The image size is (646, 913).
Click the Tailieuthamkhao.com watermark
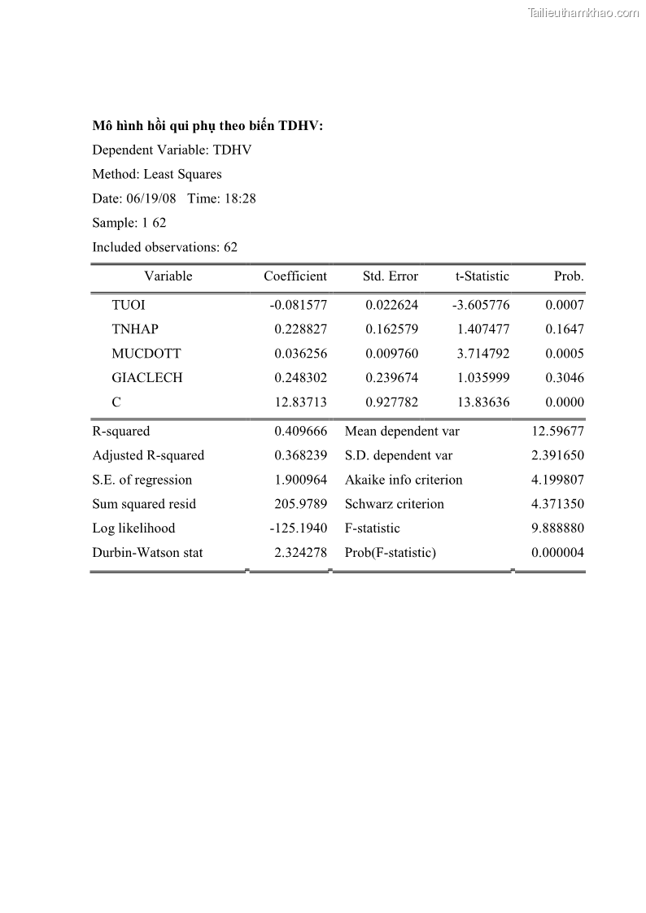pos(583,13)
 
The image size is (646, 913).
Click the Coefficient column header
pos(295,276)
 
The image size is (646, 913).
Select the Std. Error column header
pos(391,276)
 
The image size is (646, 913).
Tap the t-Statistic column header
pos(482,276)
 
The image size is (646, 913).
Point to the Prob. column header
pos(569,276)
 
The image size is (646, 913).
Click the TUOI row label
pos(129,306)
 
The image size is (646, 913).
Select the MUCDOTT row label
pos(146,354)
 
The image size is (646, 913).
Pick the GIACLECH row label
pos(147,378)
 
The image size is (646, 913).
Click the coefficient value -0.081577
pos(299,306)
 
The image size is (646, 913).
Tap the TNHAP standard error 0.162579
pos(392,330)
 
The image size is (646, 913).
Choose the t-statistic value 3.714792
pos(483,354)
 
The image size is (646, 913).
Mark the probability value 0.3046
pos(565,378)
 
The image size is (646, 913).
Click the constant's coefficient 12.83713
pos(301,402)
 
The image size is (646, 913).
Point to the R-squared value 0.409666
pos(301,432)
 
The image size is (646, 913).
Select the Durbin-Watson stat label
pos(147,553)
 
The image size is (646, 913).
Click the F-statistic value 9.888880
pos(557,528)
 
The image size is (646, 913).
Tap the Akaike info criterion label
pos(404,480)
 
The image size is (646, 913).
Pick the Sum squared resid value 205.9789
pos(301,504)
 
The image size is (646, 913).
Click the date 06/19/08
pos(151,198)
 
